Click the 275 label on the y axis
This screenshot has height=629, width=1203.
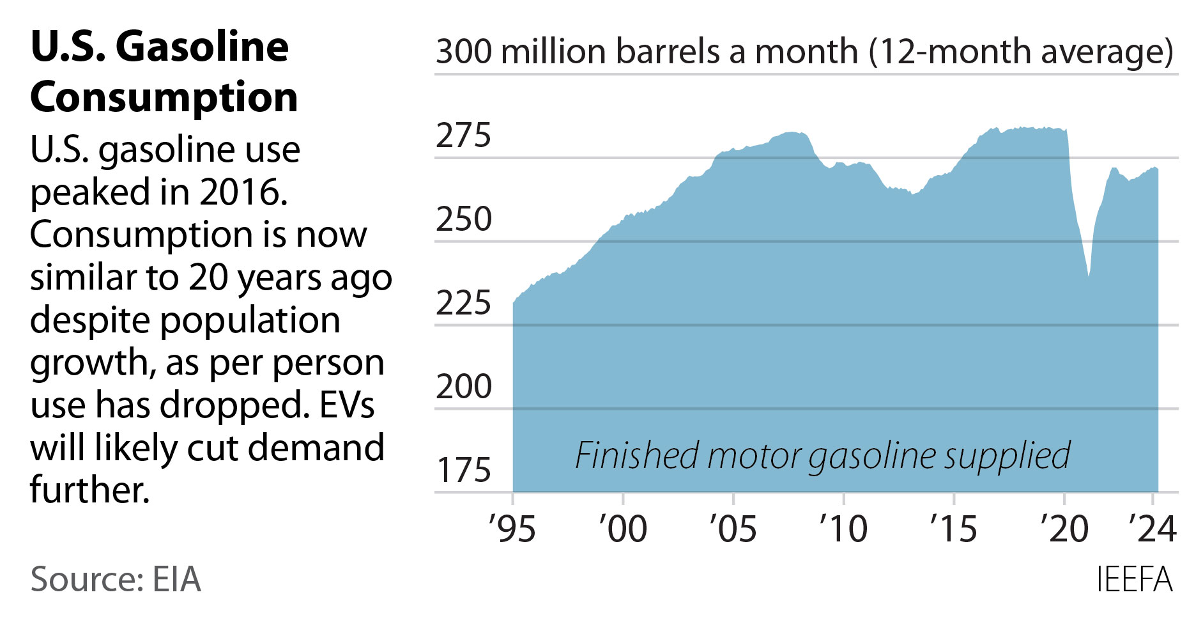click(x=463, y=136)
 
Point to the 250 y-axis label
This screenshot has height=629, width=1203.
click(x=463, y=219)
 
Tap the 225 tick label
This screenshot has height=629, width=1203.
click(x=463, y=303)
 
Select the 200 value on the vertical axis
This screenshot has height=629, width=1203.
click(x=463, y=387)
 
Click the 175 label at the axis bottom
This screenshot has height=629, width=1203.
click(x=463, y=470)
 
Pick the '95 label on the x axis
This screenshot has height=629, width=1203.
click(x=512, y=529)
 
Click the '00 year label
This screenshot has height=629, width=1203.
click(x=622, y=529)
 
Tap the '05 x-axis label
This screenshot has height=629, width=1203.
click(x=733, y=529)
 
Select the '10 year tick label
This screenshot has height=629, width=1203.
click(x=843, y=529)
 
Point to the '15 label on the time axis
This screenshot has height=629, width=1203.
click(x=953, y=529)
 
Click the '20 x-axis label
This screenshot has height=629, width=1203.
click(x=1064, y=529)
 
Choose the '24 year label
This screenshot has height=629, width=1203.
click(x=1152, y=529)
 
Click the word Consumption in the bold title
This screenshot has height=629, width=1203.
click(x=164, y=97)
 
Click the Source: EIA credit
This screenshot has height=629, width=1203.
click(x=116, y=580)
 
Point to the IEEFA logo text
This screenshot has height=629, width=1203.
click(x=1135, y=580)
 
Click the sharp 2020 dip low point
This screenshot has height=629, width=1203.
click(x=1089, y=277)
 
